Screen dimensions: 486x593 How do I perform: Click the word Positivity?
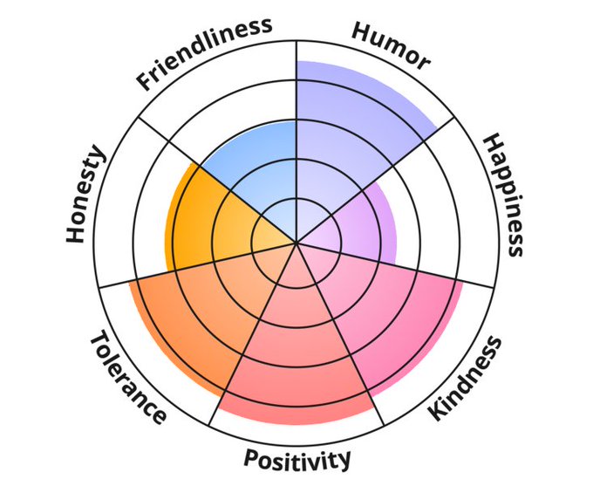[297, 457]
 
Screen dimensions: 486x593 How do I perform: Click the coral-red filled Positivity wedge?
[296, 358]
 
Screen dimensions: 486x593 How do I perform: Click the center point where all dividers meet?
[297, 243]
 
